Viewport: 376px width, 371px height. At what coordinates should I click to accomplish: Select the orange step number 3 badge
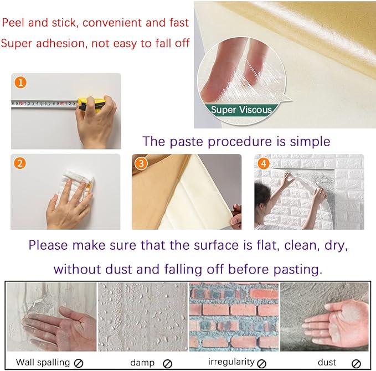tap(142, 163)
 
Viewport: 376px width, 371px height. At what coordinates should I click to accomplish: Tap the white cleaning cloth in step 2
tap(78, 183)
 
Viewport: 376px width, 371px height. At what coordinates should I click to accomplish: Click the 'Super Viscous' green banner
tap(241, 110)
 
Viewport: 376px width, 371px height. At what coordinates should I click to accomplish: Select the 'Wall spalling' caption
tap(43, 362)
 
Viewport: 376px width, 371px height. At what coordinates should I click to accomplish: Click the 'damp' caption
tap(142, 362)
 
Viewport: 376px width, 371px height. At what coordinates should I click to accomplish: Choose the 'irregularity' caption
tap(231, 362)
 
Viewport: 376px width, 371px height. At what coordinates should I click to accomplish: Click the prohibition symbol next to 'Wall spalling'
tap(79, 363)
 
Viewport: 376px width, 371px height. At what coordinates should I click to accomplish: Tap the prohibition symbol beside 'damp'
tap(168, 363)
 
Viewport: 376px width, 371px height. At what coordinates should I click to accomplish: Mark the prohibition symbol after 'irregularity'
tap(261, 363)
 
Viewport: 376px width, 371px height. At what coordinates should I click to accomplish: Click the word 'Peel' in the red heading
tap(14, 23)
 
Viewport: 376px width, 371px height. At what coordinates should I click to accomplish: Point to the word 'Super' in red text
tap(17, 43)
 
